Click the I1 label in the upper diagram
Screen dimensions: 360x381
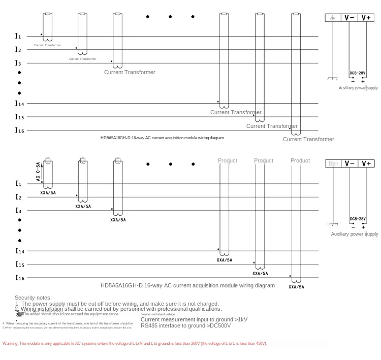click(x=18, y=36)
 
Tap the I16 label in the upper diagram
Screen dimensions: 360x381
click(x=19, y=130)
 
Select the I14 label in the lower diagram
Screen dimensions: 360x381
click(x=19, y=251)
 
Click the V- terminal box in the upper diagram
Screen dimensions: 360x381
click(x=350, y=18)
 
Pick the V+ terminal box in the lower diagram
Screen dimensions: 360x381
click(x=366, y=163)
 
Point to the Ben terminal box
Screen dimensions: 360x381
click(x=333, y=163)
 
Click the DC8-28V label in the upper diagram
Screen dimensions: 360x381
click(x=358, y=73)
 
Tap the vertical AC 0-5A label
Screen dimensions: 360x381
click(x=38, y=172)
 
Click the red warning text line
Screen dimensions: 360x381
click(x=135, y=344)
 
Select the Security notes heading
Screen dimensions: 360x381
click(x=33, y=298)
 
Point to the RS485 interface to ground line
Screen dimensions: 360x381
click(x=185, y=325)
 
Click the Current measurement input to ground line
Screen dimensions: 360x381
click(x=194, y=319)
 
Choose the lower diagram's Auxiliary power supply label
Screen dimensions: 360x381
click(x=355, y=234)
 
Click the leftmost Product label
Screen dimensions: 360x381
click(x=228, y=160)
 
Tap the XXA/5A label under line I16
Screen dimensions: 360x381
click(x=296, y=287)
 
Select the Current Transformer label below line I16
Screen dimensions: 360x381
click(x=308, y=139)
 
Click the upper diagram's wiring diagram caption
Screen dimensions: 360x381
click(x=162, y=138)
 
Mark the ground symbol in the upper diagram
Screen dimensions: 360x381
click(x=333, y=79)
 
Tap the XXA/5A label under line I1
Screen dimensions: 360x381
click(x=48, y=193)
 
